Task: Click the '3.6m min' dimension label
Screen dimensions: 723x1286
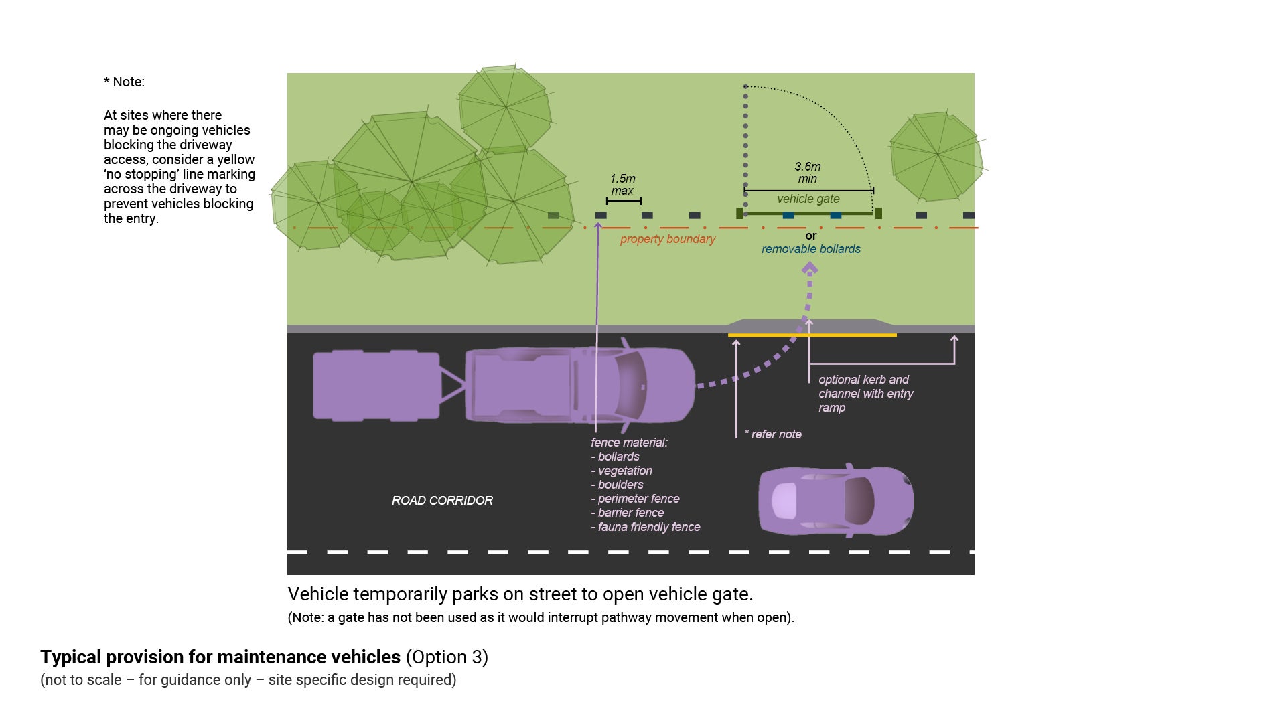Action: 807,172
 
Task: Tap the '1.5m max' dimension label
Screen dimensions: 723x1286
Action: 622,184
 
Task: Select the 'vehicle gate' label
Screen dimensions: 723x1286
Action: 808,199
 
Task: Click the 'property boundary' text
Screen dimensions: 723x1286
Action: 667,239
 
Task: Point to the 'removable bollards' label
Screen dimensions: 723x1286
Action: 810,249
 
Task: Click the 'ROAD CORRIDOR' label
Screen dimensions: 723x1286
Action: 442,501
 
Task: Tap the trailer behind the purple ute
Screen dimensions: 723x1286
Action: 376,386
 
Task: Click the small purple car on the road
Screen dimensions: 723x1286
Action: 835,501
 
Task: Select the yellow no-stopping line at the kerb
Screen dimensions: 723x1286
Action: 812,335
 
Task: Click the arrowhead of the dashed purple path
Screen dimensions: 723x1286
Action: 810,268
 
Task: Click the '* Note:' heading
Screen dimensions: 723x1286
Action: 124,82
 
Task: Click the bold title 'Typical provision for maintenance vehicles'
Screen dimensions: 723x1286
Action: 220,657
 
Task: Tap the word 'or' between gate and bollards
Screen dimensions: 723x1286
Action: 810,236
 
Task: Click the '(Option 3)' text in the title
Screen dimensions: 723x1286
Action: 447,657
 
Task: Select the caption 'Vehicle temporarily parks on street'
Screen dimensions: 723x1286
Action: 520,594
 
